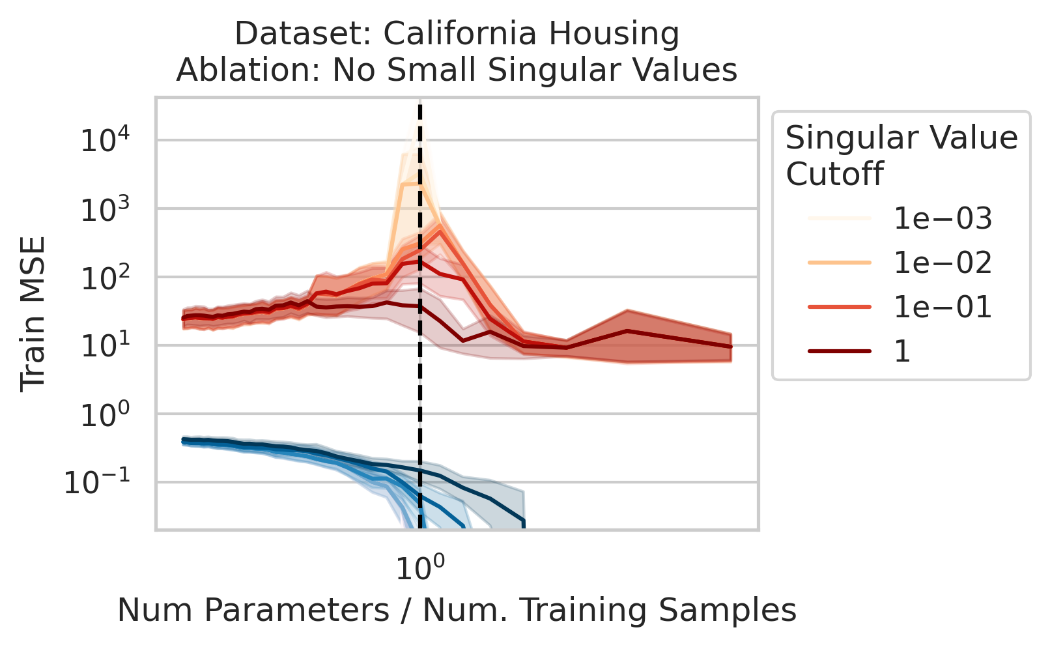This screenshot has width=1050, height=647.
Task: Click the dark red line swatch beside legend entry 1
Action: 839,352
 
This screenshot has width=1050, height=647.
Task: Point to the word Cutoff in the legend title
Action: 834,174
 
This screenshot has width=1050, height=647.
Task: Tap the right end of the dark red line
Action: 731,347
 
